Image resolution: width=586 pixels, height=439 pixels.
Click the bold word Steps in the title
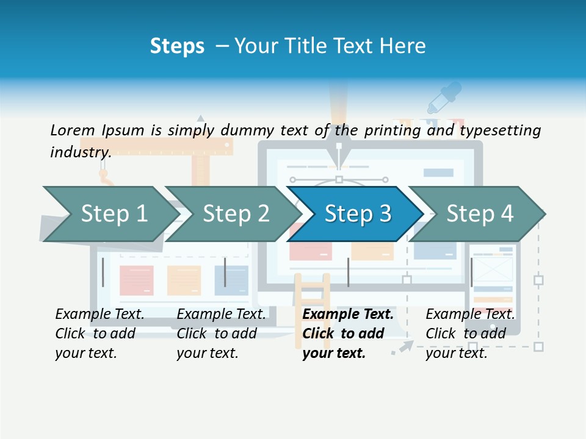177,46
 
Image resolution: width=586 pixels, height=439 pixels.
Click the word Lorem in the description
72,130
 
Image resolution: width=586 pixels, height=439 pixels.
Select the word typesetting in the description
500,130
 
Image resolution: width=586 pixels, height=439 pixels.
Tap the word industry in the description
80,152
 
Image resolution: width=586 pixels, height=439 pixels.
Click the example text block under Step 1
99,334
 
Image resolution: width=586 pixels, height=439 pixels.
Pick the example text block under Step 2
221,334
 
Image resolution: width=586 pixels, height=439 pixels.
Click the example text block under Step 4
470,334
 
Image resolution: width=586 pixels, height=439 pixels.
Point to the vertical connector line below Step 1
103,272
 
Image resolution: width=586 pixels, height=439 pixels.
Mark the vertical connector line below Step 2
225,272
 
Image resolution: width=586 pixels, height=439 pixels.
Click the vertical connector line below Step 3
348,272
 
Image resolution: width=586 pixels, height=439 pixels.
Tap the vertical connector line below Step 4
471,272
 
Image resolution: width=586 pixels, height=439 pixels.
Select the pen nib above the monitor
338,149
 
